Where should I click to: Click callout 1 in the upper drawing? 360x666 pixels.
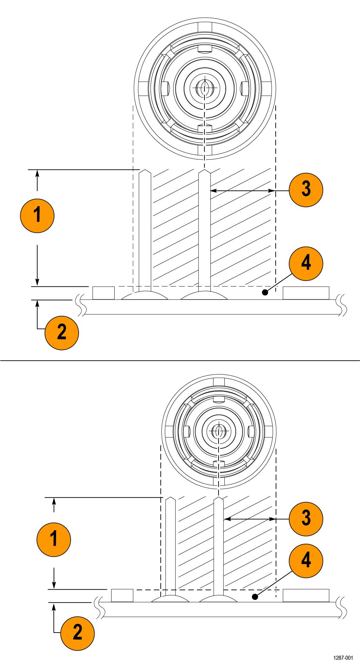pyautogui.click(x=37, y=216)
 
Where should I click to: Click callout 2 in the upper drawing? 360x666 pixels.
pyautogui.click(x=62, y=333)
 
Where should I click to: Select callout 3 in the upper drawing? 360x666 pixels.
pyautogui.click(x=306, y=190)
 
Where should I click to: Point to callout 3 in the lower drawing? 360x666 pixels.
pyautogui.click(x=306, y=519)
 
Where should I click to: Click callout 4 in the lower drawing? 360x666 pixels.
pyautogui.click(x=306, y=560)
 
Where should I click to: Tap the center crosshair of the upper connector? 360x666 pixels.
pyautogui.click(x=205, y=87)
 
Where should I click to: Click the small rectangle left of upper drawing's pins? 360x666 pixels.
pyautogui.click(x=104, y=293)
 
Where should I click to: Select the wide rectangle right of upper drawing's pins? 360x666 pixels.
pyautogui.click(x=306, y=293)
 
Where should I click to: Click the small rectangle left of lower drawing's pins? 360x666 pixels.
pyautogui.click(x=122, y=595)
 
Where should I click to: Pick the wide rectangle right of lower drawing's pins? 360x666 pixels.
pyautogui.click(x=306, y=595)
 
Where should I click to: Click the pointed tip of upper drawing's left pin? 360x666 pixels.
pyautogui.click(x=145, y=170)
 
